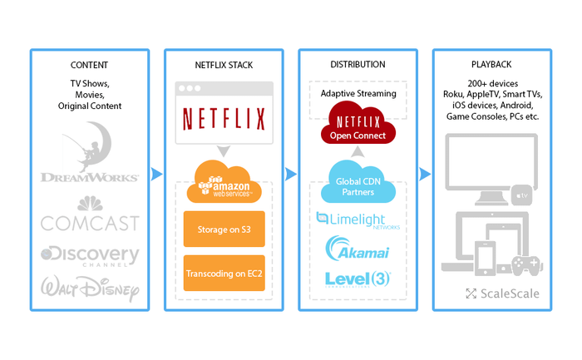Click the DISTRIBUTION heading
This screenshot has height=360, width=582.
click(x=357, y=64)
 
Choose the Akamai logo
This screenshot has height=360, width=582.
click(x=357, y=249)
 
